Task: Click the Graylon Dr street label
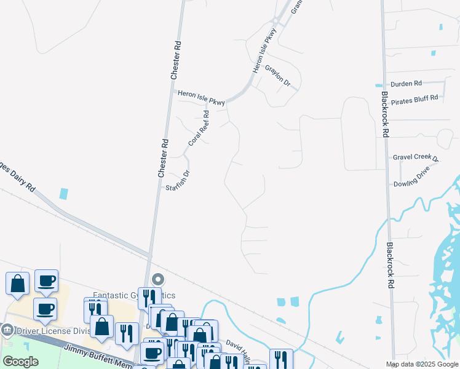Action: (278, 77)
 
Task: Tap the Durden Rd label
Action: (406, 84)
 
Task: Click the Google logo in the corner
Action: (20, 362)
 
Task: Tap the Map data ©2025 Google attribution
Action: (421, 364)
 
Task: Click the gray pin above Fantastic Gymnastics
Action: (157, 279)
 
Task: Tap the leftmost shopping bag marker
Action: (17, 284)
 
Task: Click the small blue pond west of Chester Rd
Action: (64, 193)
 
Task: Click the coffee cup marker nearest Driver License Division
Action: (45, 309)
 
